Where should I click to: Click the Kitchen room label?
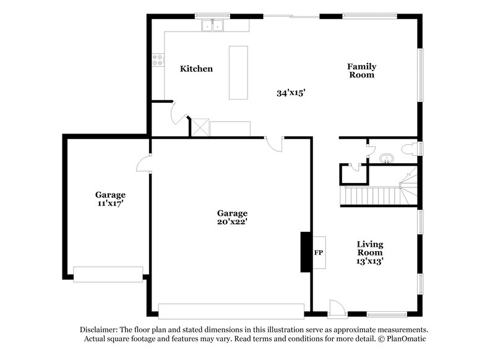[x=196, y=69]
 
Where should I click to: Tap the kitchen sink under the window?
[x=212, y=26]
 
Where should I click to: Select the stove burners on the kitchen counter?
[x=159, y=60]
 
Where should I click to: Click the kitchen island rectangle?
[x=239, y=72]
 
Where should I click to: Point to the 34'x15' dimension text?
[x=291, y=93]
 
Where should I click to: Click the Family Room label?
[x=361, y=71]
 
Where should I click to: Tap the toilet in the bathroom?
[x=410, y=148]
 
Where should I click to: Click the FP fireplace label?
[x=319, y=253]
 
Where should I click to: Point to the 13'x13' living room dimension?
[x=369, y=260]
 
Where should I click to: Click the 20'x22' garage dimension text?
[x=232, y=221]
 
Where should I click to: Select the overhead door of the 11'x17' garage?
[x=108, y=275]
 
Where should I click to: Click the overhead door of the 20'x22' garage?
[x=231, y=311]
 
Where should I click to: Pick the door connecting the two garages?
[x=143, y=163]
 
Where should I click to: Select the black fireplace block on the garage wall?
[x=305, y=252]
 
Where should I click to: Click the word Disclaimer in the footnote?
[x=99, y=330]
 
